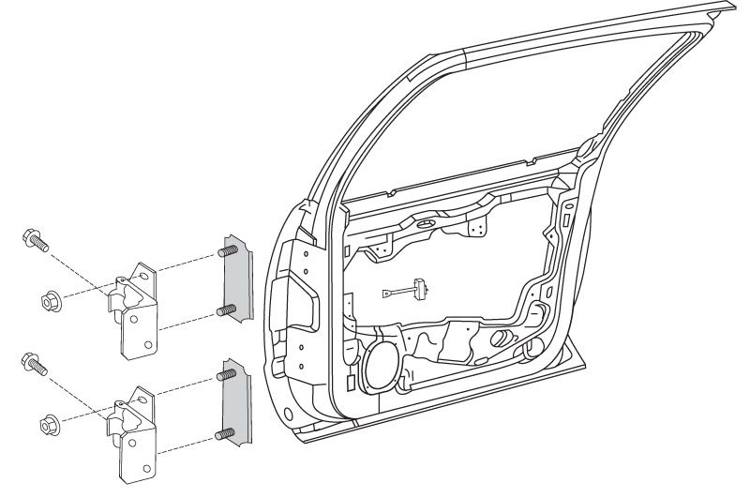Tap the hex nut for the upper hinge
pos(51,301)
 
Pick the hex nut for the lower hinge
pos(51,423)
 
